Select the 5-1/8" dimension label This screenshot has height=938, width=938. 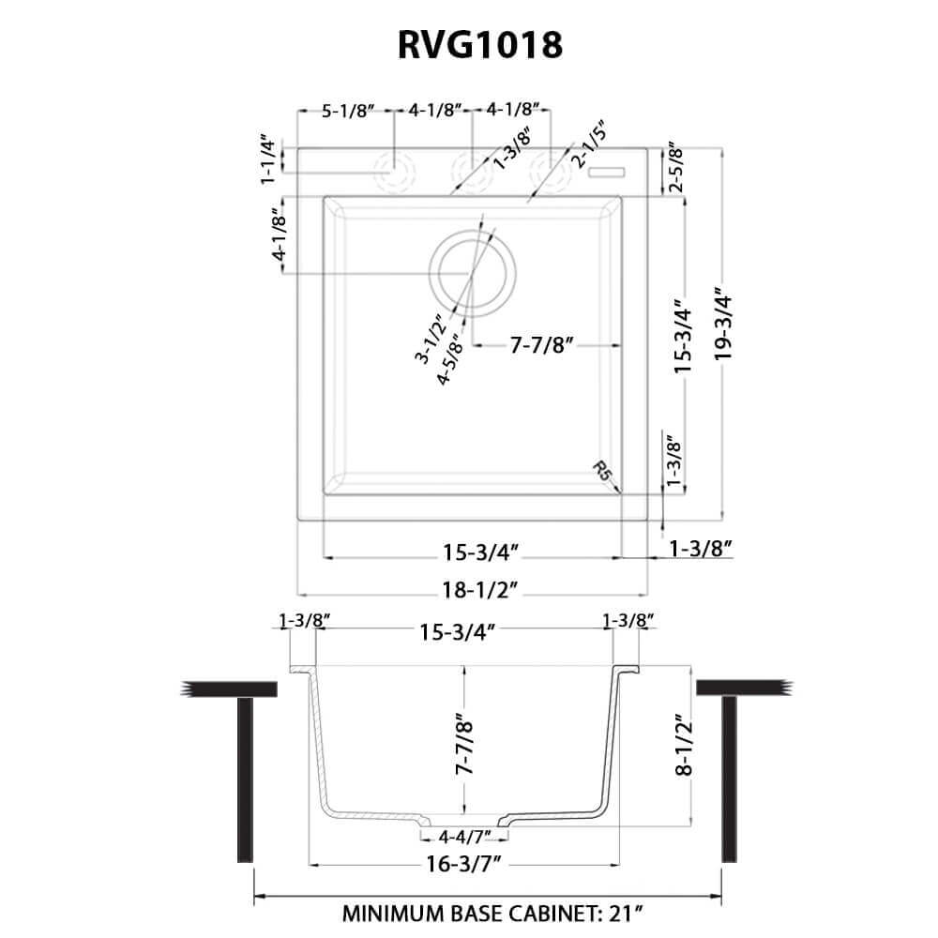click(348, 111)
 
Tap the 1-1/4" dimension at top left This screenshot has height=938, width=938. click(270, 160)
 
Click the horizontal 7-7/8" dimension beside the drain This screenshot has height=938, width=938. click(541, 345)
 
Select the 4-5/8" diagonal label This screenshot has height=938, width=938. click(451, 359)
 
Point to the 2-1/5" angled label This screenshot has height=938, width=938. click(591, 143)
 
